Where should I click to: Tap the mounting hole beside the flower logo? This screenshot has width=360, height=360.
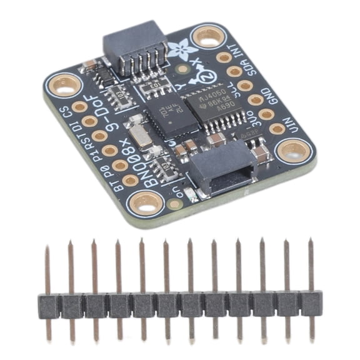coord(207,37)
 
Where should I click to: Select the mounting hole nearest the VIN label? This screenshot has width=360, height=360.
coord(293,150)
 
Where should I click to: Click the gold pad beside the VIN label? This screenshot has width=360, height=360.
coord(277,129)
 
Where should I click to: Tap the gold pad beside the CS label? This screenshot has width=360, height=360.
coord(79,107)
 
